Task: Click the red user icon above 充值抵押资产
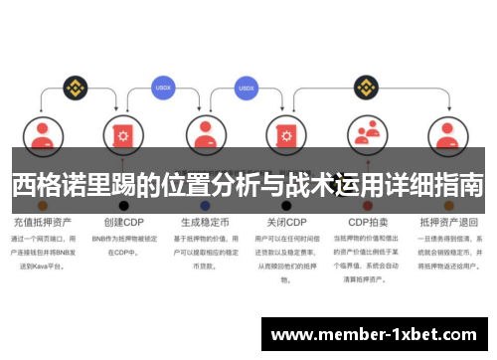pos(43,136)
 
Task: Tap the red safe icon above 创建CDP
pos(124,136)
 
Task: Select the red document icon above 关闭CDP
pos(286,136)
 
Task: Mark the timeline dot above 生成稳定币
pos(205,205)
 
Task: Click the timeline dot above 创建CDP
pos(124,205)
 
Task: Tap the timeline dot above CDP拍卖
pos(368,205)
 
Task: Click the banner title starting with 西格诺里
pos(248,184)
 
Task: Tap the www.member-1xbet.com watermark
pos(373,334)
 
